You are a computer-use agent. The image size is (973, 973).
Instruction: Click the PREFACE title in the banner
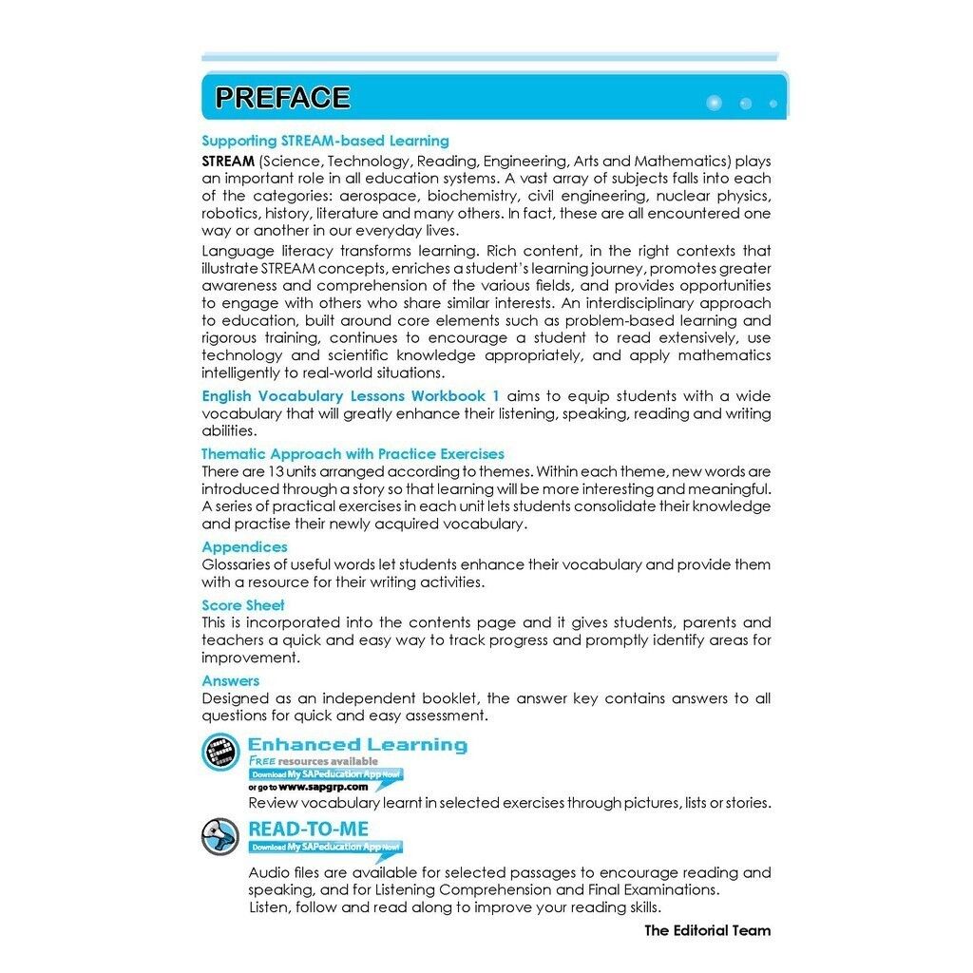tap(282, 98)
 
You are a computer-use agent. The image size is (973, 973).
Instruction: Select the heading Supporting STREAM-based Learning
tap(325, 141)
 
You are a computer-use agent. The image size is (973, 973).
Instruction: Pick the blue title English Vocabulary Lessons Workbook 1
tap(351, 395)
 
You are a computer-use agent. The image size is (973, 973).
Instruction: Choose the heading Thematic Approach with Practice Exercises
tap(353, 454)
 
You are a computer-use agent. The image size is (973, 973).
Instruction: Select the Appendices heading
tap(244, 547)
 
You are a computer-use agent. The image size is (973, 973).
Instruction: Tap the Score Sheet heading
tap(242, 605)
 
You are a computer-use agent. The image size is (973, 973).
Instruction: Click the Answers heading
tap(230, 681)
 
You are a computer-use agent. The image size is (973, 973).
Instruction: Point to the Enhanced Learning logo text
tap(357, 745)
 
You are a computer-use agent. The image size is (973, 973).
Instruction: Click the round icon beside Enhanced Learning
tap(220, 753)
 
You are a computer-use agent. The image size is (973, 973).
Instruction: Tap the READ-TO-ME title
tap(308, 829)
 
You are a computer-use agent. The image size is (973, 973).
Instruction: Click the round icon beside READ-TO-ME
tap(220, 836)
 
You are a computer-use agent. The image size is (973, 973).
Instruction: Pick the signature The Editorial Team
tap(707, 930)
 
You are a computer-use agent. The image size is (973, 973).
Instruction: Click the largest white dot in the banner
tap(715, 103)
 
